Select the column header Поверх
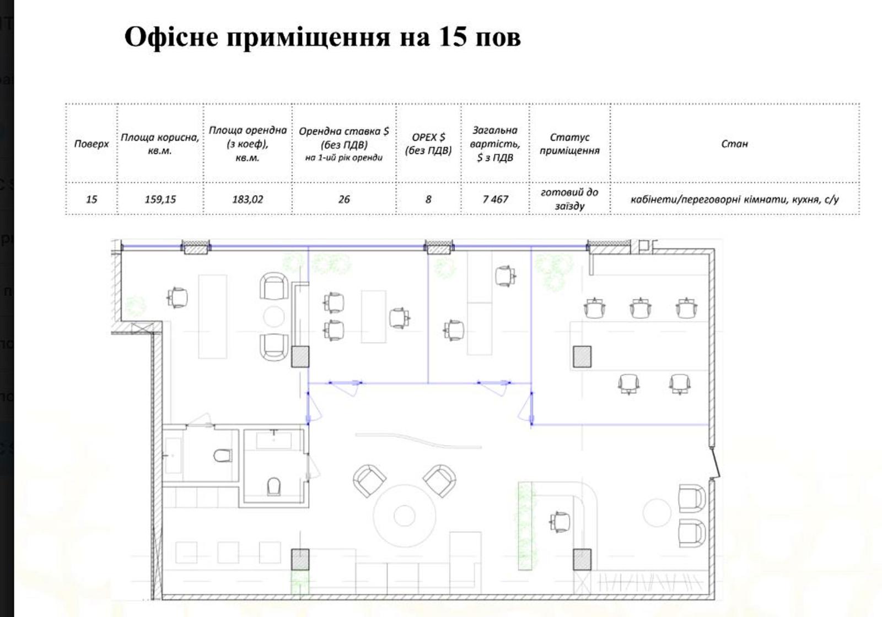coord(92,144)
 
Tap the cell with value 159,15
coord(160,199)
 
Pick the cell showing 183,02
coord(248,199)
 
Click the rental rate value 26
coord(344,199)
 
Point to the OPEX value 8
coord(428,199)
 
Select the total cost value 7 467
coord(496,199)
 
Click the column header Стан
coord(734,144)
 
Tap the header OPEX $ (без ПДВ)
coord(428,144)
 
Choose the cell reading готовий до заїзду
coord(569,199)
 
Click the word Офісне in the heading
coord(171,38)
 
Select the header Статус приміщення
coord(569,144)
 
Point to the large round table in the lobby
coord(405,516)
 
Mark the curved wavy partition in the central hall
coord(418,440)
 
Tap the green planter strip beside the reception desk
coord(525,526)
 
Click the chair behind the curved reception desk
coord(560,522)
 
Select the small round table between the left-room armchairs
coord(273,317)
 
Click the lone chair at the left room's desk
coord(177,297)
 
